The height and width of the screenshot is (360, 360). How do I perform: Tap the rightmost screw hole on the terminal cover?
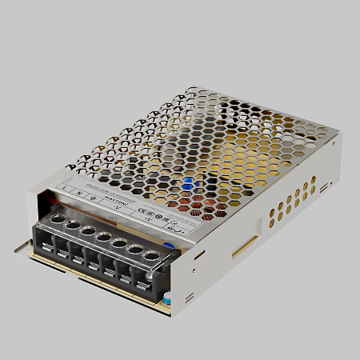coord(150,255)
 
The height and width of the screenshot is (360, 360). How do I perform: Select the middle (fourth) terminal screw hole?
coord(102,237)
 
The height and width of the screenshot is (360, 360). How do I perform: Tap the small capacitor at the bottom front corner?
coord(170,298)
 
